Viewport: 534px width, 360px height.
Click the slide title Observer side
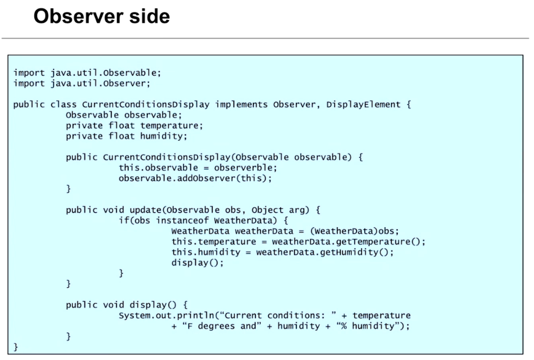coord(101,16)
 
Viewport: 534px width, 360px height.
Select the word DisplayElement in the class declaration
coord(363,105)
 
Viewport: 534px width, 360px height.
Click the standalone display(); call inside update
coord(197,262)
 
